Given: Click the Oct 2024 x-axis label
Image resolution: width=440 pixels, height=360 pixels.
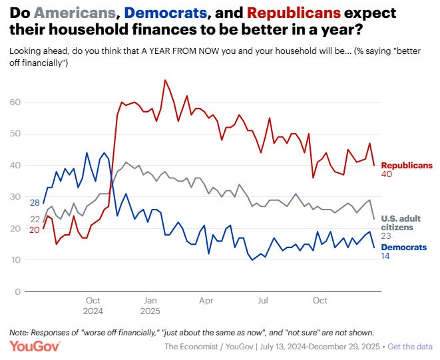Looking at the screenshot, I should click(x=93, y=305).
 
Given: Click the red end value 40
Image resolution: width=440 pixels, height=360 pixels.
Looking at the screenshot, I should click(x=387, y=174).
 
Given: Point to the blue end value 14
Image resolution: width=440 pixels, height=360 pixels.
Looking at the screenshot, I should click(x=386, y=256).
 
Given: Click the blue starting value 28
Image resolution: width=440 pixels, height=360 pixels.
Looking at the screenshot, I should click(x=34, y=202).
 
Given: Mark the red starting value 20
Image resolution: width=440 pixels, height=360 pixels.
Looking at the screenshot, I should click(x=34, y=230).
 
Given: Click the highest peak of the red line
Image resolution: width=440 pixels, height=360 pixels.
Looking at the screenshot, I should click(x=165, y=80).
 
